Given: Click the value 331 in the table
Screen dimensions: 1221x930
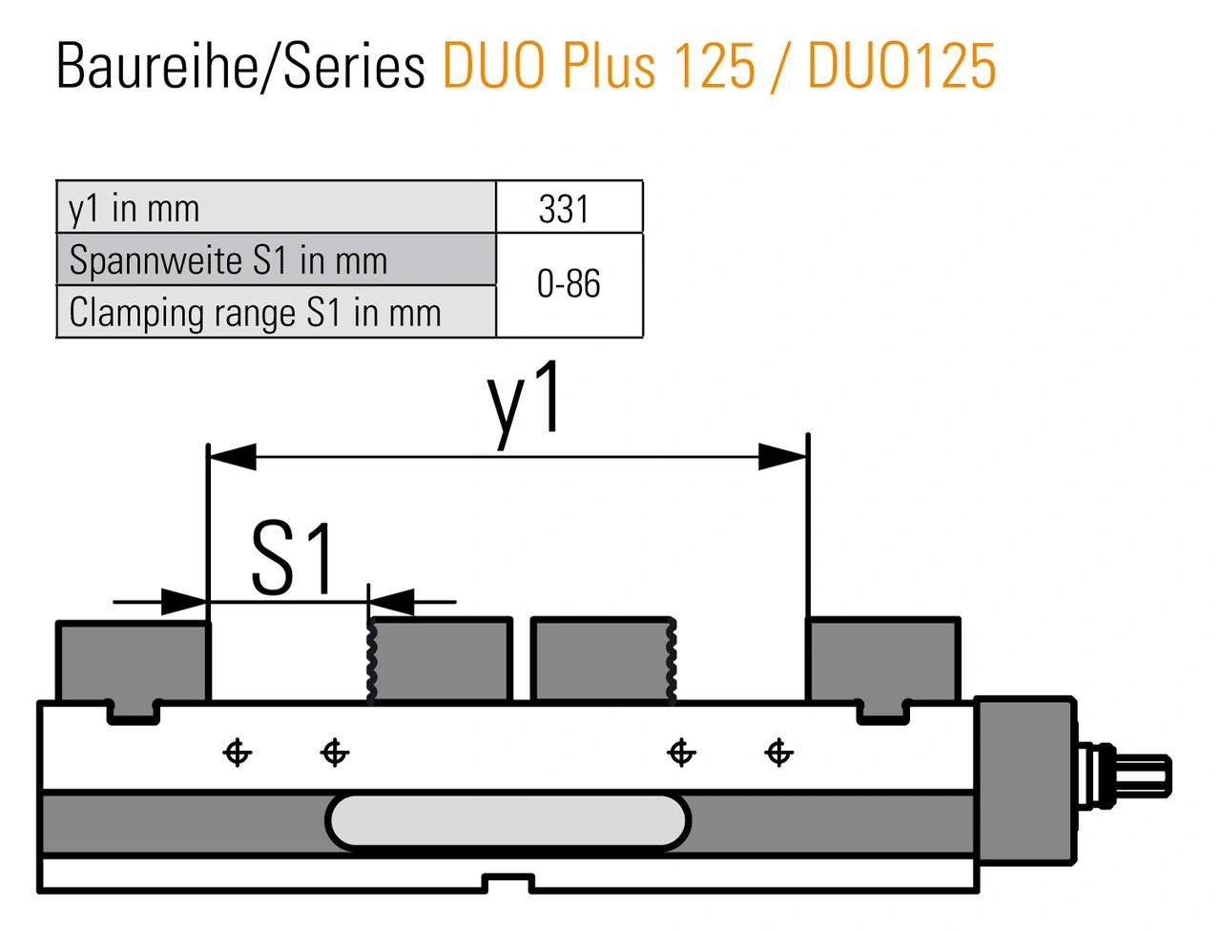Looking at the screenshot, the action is click(564, 209).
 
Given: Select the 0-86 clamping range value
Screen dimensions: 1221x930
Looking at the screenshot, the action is click(569, 283).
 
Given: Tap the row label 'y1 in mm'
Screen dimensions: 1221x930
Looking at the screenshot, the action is click(135, 210).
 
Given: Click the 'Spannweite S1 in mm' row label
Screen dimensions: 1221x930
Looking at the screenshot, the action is click(228, 259).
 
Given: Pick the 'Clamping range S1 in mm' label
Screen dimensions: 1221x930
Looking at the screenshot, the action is click(255, 313).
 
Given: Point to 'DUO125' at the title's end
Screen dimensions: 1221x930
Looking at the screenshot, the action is click(901, 66).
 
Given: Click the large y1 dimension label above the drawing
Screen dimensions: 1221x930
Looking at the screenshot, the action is click(524, 404).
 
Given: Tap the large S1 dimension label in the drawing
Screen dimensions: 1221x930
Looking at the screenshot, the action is click(293, 559).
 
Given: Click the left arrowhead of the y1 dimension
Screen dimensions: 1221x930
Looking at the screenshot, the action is click(233, 457).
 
